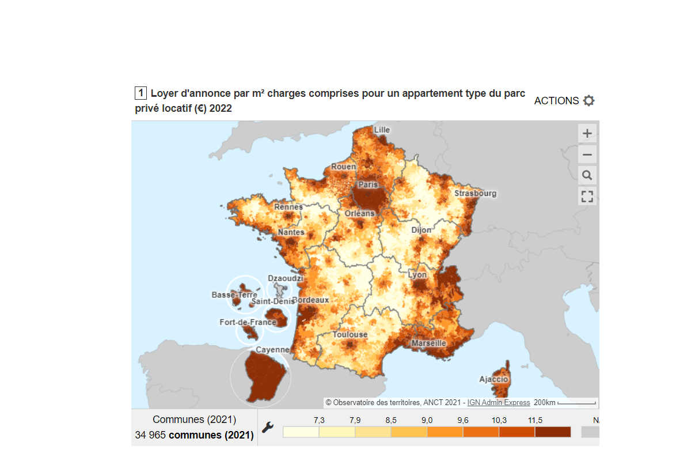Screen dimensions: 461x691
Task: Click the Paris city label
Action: pyautogui.click(x=368, y=185)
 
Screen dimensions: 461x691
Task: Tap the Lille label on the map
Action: pyautogui.click(x=382, y=130)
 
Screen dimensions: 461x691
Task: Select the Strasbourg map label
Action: pyautogui.click(x=475, y=193)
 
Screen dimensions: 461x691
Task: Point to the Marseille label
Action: pyautogui.click(x=428, y=343)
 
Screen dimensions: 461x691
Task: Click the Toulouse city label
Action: pyautogui.click(x=350, y=334)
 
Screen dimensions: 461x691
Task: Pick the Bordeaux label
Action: pyautogui.click(x=311, y=300)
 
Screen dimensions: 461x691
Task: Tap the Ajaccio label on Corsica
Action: pyautogui.click(x=493, y=379)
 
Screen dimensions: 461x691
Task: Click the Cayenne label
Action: pyautogui.click(x=272, y=350)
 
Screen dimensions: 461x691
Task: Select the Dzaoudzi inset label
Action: pyautogui.click(x=285, y=278)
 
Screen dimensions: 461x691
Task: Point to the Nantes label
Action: pyautogui.click(x=291, y=232)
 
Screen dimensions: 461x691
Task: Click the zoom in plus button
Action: pyautogui.click(x=587, y=134)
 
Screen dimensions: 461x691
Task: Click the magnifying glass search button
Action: pyautogui.click(x=587, y=175)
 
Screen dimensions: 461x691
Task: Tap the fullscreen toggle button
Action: pyautogui.click(x=587, y=196)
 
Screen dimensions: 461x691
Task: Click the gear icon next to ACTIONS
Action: pyautogui.click(x=589, y=101)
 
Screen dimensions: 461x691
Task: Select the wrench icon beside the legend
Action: pyautogui.click(x=268, y=428)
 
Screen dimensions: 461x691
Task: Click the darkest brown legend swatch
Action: pyautogui.click(x=553, y=432)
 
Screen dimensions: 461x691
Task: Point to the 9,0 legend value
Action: pyautogui.click(x=427, y=420)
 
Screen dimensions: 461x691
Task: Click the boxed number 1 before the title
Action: pyautogui.click(x=141, y=93)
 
